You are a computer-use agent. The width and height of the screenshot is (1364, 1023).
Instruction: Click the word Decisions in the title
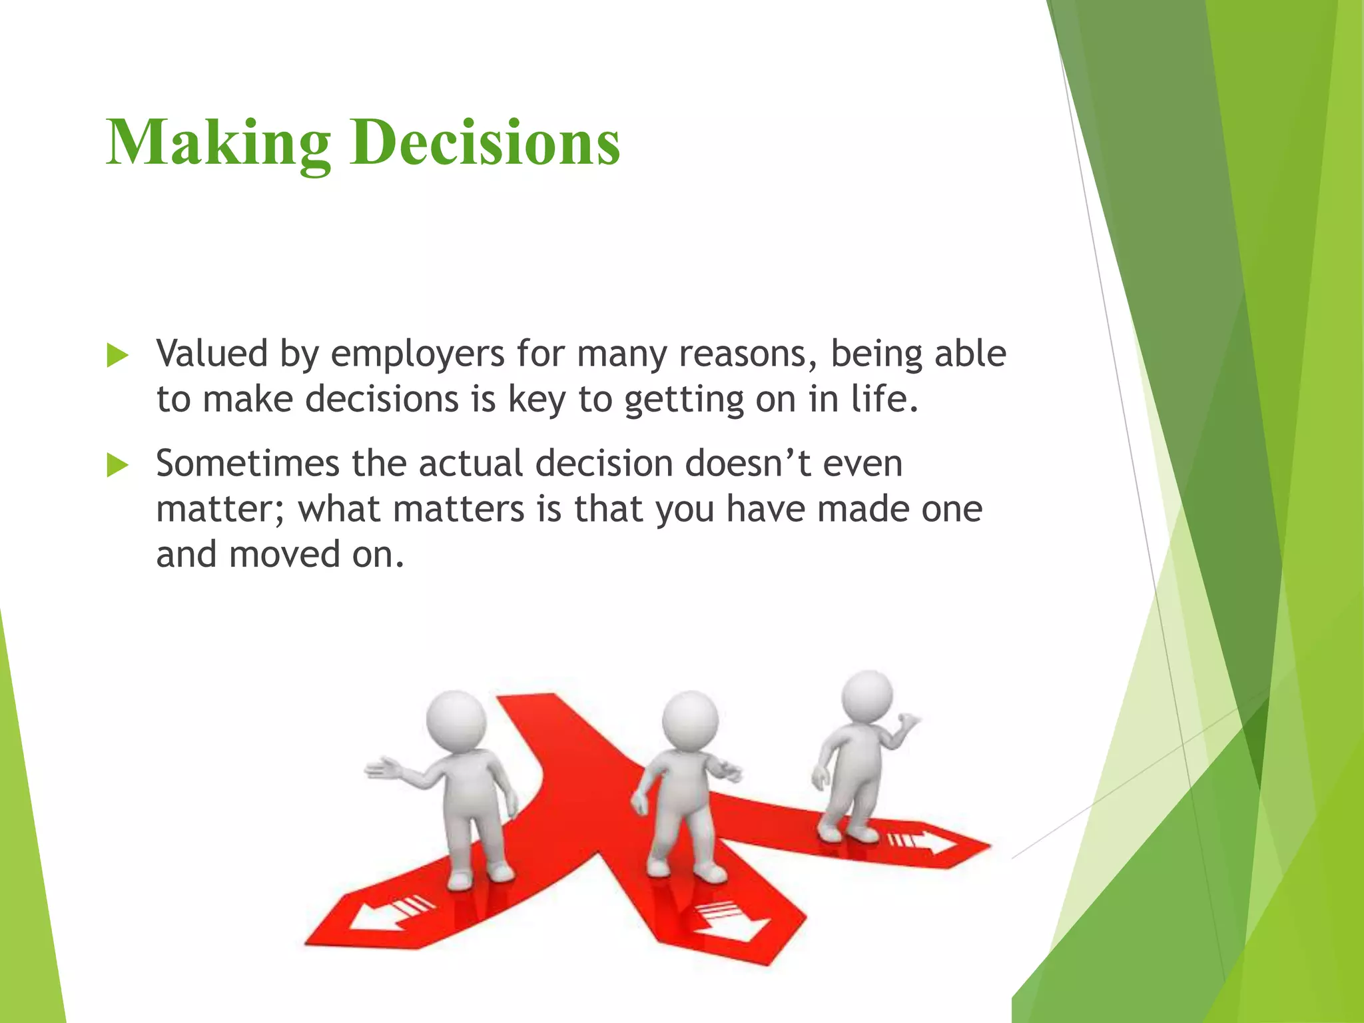(486, 143)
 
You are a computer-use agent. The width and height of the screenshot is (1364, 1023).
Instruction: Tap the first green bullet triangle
(117, 356)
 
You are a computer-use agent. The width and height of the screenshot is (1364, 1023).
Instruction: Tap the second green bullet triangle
(117, 466)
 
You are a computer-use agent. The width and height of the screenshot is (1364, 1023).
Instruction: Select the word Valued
(211, 353)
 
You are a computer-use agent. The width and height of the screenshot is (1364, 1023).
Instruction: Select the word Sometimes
(247, 464)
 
